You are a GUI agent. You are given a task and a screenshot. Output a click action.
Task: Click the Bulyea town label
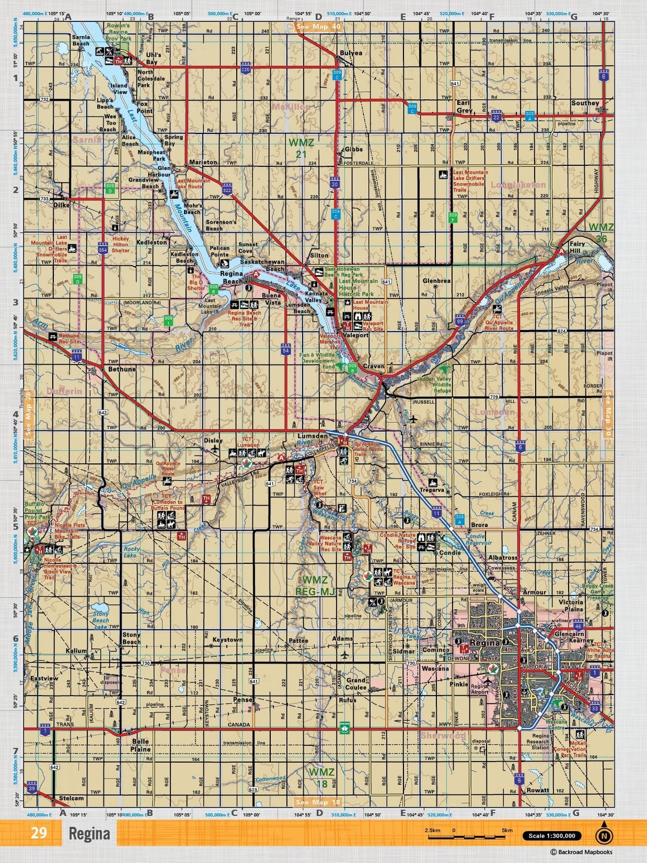click(351, 53)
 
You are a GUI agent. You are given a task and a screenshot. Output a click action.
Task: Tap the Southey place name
click(585, 103)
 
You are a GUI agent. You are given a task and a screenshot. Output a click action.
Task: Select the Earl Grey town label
click(464, 107)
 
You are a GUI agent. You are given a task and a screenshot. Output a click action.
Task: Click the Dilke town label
click(61, 204)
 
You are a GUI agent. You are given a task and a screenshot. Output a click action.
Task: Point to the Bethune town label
click(122, 369)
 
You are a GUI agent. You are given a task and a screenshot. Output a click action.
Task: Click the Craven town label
click(374, 366)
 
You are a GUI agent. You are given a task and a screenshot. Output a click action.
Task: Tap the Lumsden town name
click(312, 436)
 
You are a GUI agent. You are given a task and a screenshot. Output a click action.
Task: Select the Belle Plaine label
click(141, 745)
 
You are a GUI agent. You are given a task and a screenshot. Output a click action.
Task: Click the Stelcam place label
click(71, 798)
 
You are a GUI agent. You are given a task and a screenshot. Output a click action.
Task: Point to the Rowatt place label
click(537, 790)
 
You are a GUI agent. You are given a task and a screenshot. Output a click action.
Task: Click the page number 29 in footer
click(39, 833)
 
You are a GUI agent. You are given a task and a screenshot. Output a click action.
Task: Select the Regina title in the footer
click(89, 834)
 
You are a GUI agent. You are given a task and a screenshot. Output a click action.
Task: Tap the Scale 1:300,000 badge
click(552, 836)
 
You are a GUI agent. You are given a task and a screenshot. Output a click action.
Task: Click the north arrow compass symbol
click(604, 836)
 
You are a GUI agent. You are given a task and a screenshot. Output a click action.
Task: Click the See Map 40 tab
click(318, 27)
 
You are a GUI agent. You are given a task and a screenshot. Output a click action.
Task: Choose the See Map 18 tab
click(318, 802)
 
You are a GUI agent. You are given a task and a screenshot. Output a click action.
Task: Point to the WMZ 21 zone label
click(301, 148)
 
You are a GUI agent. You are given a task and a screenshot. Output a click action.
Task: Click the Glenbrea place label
click(436, 281)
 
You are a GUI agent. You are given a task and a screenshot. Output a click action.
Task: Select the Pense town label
click(243, 699)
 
